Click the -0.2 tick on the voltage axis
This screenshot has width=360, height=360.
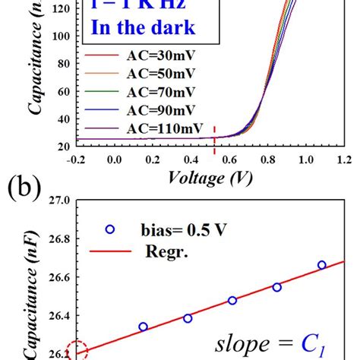[x=76, y=160]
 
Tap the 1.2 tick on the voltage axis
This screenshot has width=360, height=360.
[x=344, y=160]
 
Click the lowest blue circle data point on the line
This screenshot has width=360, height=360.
[x=143, y=327]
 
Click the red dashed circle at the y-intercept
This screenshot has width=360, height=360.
[x=77, y=352]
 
